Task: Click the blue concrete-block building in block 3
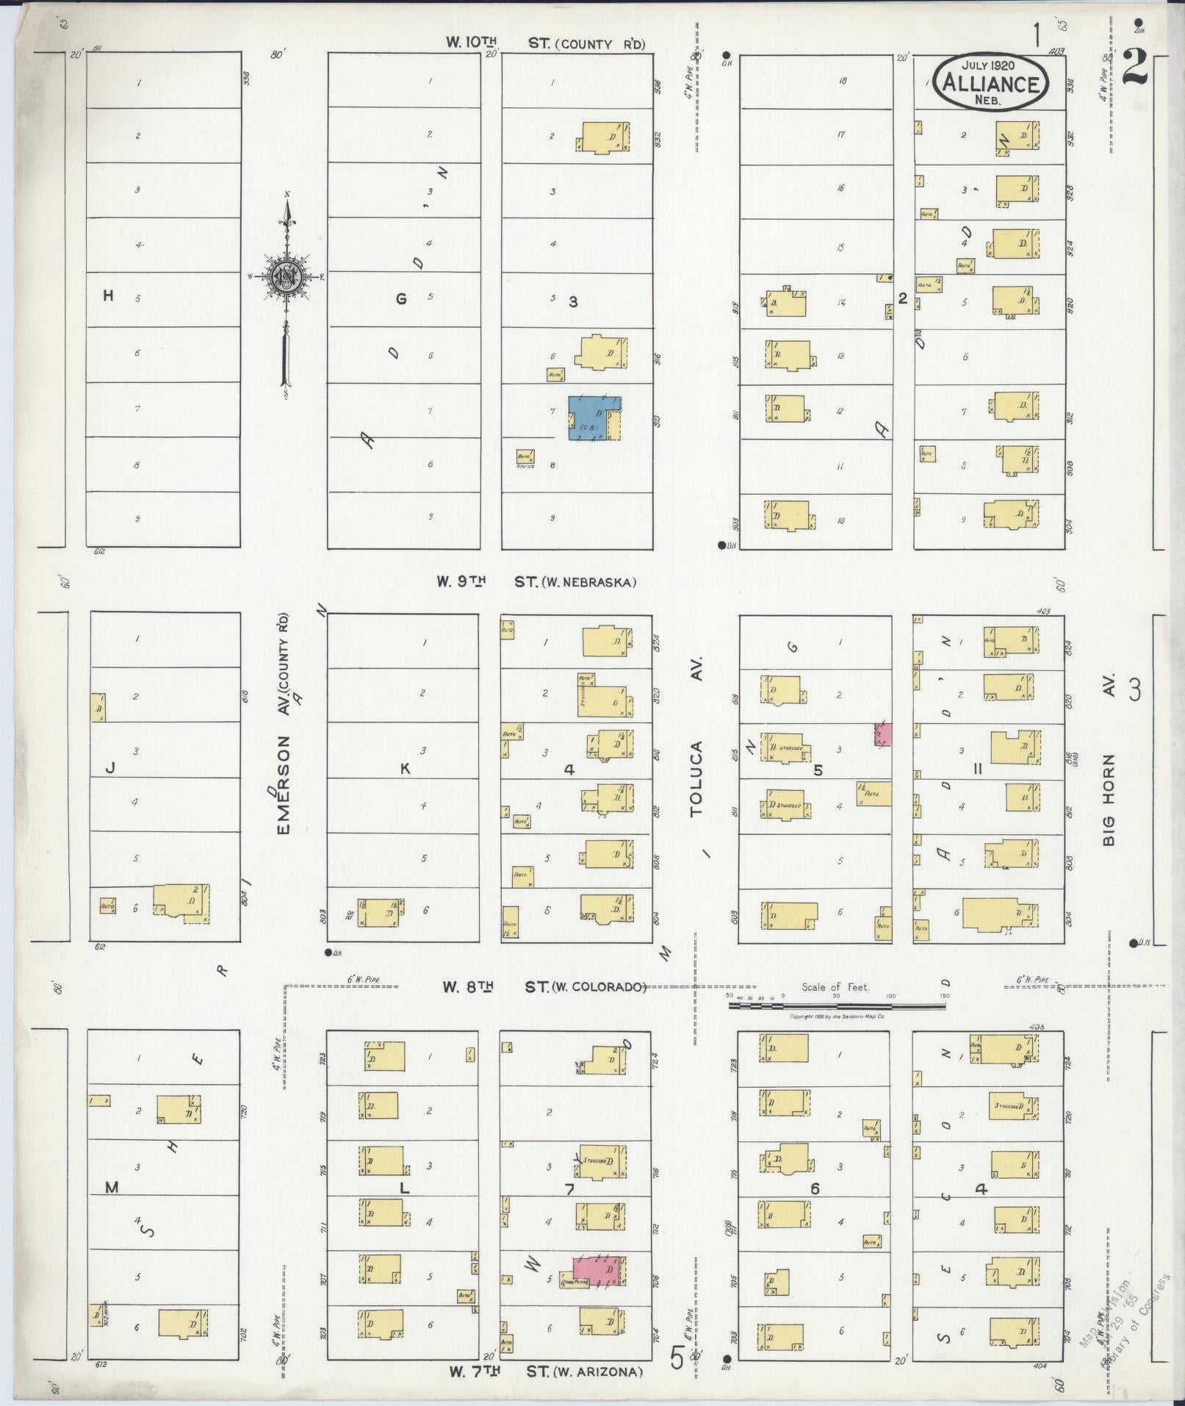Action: click(594, 418)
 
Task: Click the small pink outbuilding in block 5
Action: click(882, 734)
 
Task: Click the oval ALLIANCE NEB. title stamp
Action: click(992, 82)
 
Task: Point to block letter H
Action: click(109, 296)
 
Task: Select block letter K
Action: click(404, 769)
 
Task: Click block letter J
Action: click(110, 769)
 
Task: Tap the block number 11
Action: click(977, 770)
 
